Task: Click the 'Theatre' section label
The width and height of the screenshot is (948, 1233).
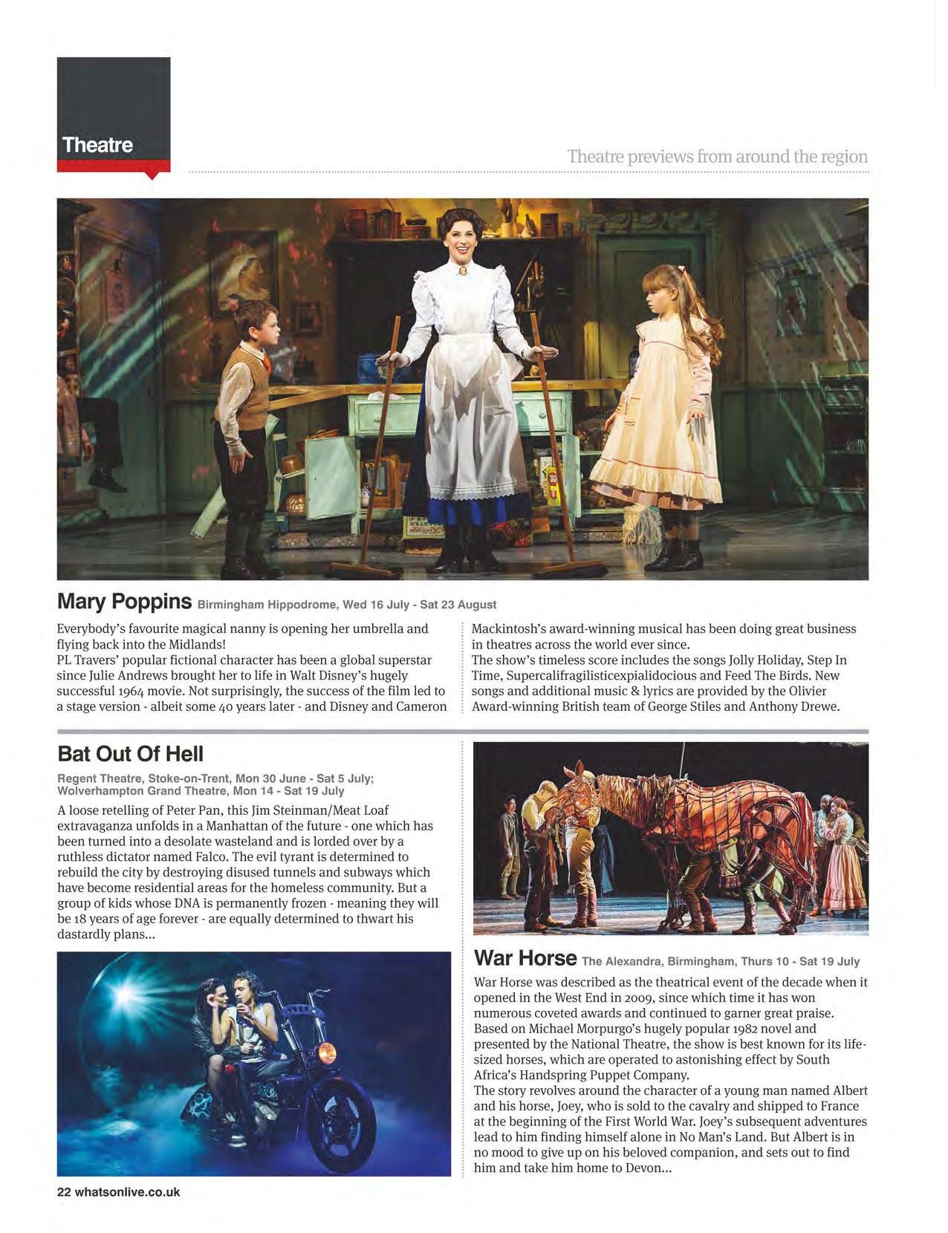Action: click(x=97, y=145)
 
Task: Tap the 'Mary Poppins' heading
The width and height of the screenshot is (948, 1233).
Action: click(x=124, y=601)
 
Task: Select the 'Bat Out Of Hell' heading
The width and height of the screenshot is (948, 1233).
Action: click(x=130, y=754)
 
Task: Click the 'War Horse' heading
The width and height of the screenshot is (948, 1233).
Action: click(x=525, y=957)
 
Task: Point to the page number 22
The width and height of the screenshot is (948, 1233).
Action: click(x=64, y=1192)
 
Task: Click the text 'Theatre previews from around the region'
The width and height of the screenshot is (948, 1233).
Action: click(x=717, y=157)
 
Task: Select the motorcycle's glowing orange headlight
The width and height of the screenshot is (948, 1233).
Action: click(x=327, y=1053)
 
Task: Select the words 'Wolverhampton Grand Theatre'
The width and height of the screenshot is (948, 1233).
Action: click(x=141, y=790)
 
